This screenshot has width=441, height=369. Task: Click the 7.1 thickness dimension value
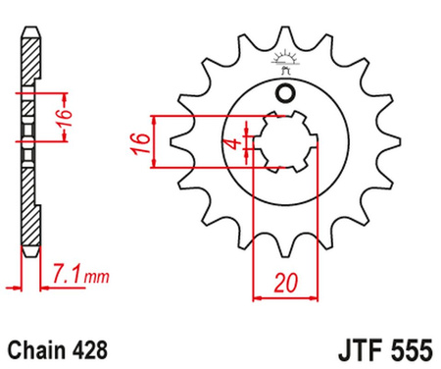coord(66,275)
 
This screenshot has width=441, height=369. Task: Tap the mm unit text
coord(97,278)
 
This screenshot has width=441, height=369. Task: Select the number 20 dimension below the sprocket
coord(286,283)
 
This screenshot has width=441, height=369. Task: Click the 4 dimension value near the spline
coord(234,143)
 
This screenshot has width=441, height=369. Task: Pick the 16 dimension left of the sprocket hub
coord(140,142)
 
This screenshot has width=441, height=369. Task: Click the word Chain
coord(36,349)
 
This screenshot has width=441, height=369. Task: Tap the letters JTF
coord(362,350)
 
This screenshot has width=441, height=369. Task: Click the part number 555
coord(413,350)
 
